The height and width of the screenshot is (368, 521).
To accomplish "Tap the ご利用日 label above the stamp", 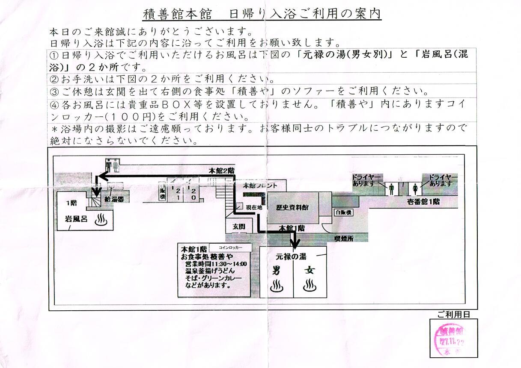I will point(454,315).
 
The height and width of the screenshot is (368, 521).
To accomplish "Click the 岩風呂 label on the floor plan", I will point(76,219).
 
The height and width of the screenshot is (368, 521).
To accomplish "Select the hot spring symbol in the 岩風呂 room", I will point(102,220).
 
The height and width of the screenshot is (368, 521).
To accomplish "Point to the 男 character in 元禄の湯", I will point(277,271).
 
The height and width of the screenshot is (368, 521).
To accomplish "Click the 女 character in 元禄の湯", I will point(309,271).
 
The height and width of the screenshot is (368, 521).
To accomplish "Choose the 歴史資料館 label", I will point(292,208).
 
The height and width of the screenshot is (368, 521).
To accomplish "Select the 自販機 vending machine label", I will point(343,212).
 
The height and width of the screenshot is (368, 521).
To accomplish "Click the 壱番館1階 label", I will point(423,202).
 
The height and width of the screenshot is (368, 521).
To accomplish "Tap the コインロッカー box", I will point(230,247).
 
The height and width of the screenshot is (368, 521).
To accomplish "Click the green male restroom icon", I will point(392,188).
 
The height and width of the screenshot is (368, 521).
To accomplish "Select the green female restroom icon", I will point(414,188).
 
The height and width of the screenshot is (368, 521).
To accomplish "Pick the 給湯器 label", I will point(115,199).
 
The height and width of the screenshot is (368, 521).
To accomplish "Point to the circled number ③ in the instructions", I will point(54,91).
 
